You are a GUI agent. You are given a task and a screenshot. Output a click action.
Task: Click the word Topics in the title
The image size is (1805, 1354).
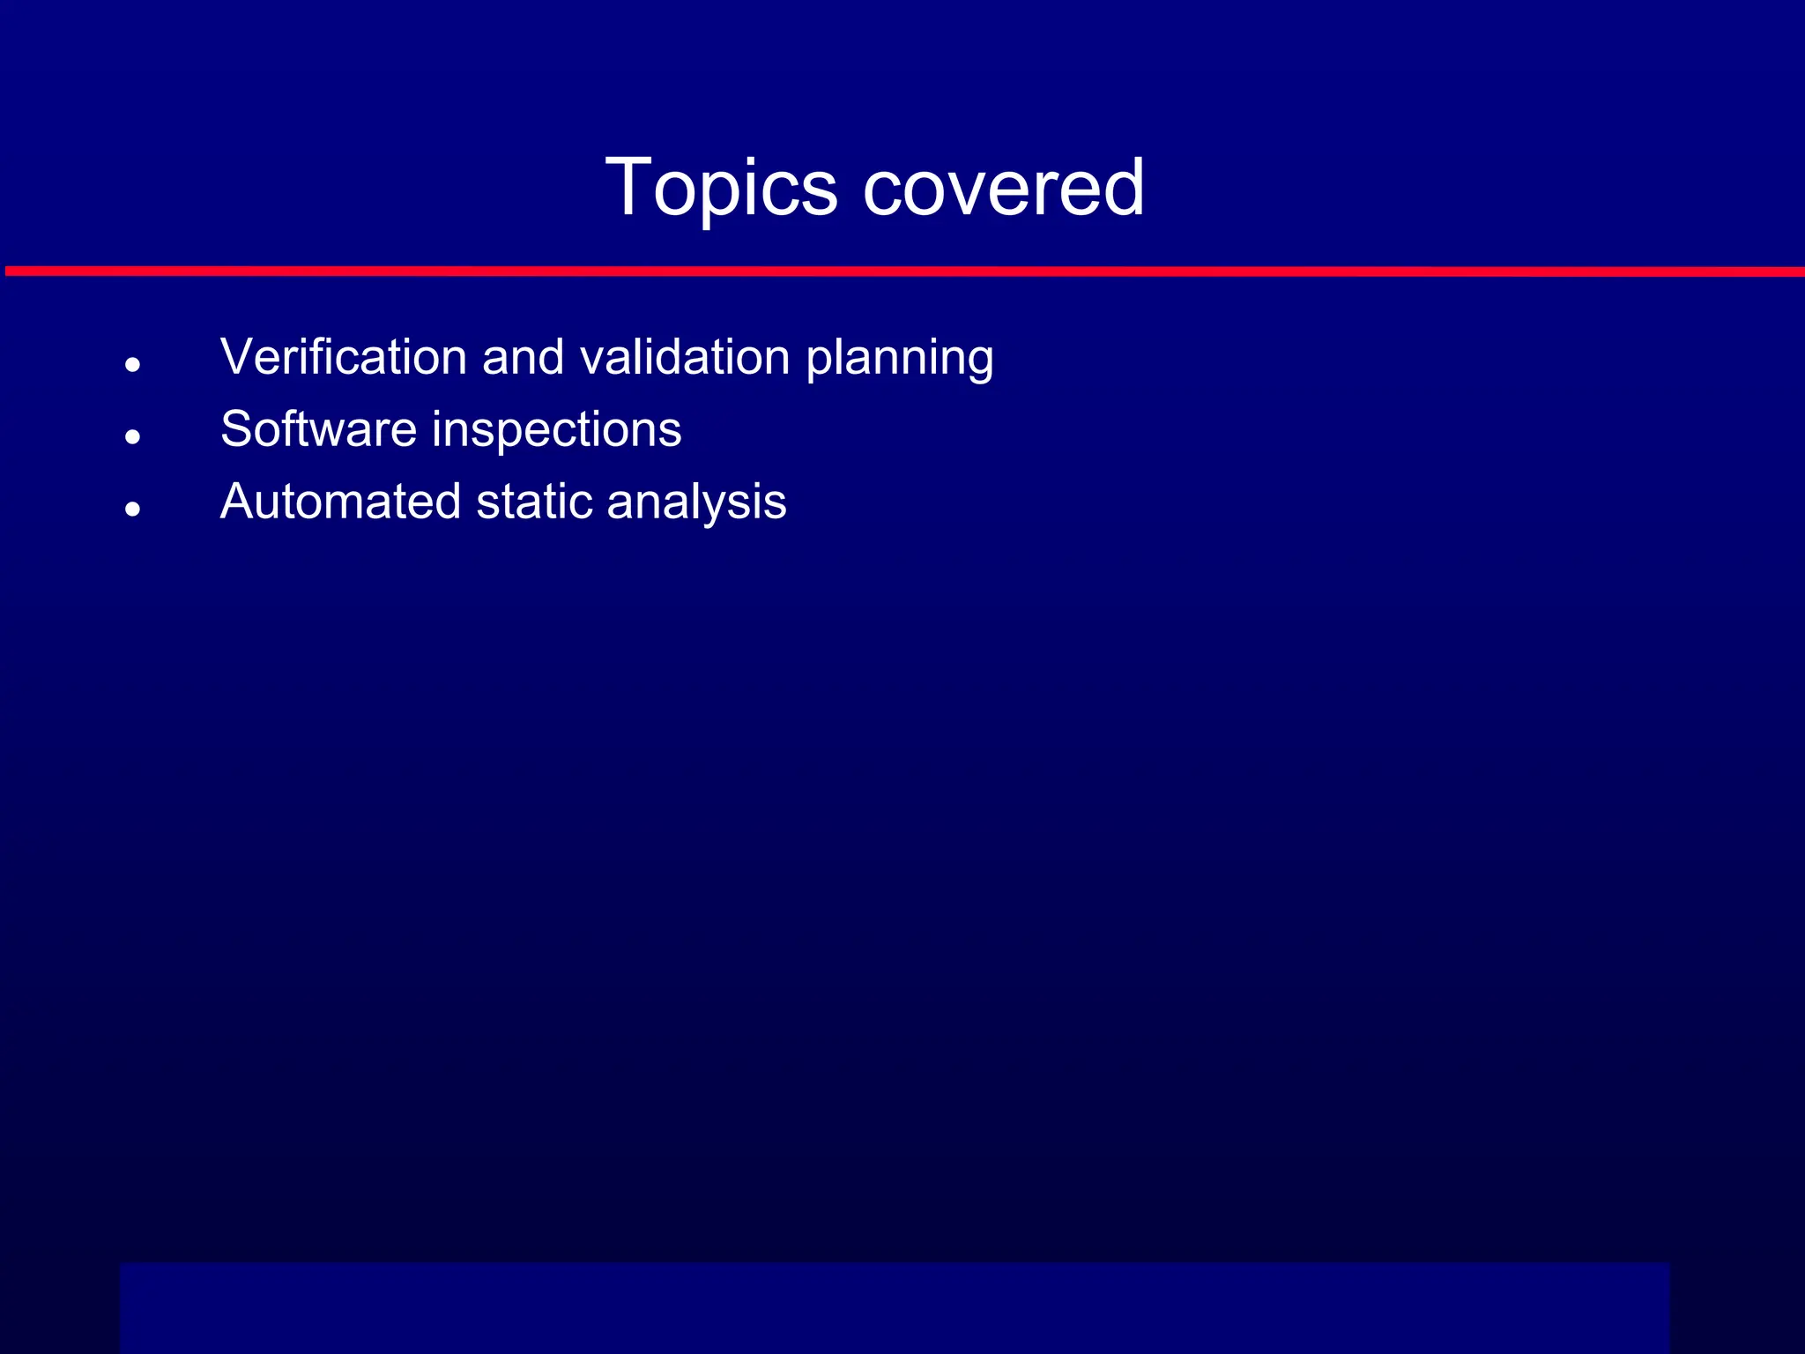[721, 189]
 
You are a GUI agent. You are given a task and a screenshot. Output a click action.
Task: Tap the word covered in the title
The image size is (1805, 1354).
[1004, 187]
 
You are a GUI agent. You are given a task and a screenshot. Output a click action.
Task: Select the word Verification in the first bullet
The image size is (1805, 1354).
[343, 357]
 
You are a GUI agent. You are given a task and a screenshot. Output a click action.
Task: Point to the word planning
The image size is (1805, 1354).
[900, 359]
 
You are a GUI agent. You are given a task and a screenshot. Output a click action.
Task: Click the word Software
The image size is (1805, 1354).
[318, 429]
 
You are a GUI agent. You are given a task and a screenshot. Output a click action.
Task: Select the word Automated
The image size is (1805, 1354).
[340, 502]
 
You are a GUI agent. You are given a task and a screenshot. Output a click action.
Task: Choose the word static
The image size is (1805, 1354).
[533, 502]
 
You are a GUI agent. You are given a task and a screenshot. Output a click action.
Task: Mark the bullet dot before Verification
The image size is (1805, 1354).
[133, 364]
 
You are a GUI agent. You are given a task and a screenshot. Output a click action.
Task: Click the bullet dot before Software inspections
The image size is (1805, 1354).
[133, 436]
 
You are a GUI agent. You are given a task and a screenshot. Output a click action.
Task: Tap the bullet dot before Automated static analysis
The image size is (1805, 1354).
[133, 509]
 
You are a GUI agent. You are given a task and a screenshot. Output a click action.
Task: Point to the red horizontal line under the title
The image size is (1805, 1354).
[902, 272]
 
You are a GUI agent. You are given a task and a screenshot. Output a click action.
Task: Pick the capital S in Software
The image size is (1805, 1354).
[236, 429]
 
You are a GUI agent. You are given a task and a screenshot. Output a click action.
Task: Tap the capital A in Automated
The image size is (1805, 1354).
[238, 502]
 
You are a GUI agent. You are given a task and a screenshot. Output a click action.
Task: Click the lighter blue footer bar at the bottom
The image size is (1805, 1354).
[894, 1307]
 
